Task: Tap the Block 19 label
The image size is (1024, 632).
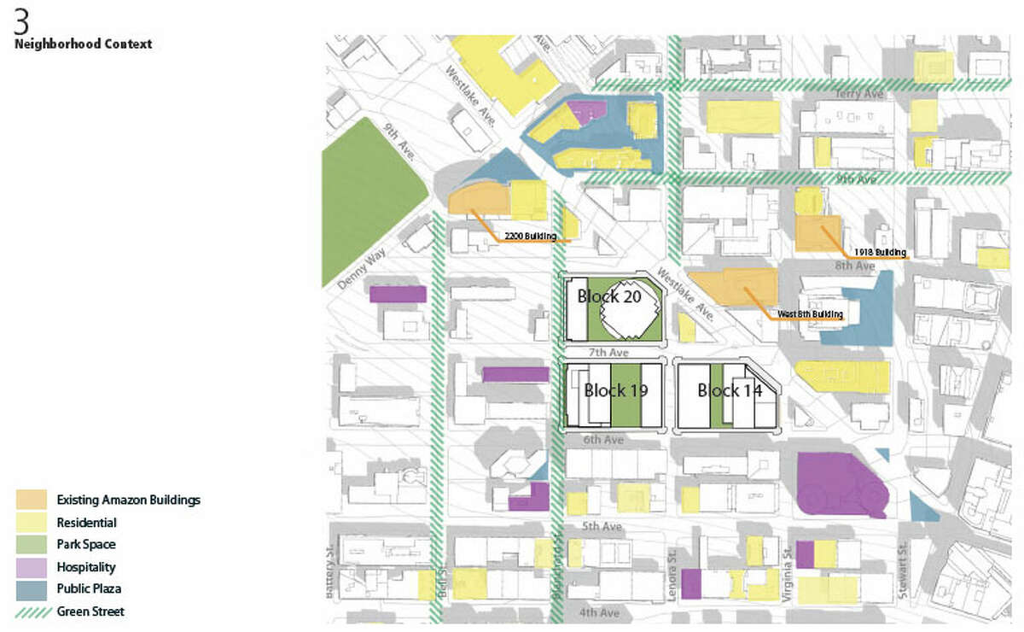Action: (615, 391)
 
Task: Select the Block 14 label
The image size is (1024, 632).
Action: (730, 391)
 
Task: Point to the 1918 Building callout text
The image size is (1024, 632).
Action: (879, 253)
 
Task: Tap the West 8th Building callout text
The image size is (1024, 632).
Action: (809, 315)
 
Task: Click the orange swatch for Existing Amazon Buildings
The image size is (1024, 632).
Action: (32, 500)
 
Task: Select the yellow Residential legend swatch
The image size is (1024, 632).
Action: (32, 522)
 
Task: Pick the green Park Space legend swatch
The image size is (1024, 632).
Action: (32, 544)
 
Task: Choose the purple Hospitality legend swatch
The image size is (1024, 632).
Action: (32, 566)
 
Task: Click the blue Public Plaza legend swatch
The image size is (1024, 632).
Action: (32, 588)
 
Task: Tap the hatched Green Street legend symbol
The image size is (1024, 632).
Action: (32, 611)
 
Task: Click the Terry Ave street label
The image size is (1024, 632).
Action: (856, 95)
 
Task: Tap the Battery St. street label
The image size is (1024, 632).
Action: (332, 572)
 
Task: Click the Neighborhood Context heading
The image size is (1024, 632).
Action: (83, 44)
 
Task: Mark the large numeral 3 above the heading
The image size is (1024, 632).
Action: (21, 21)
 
